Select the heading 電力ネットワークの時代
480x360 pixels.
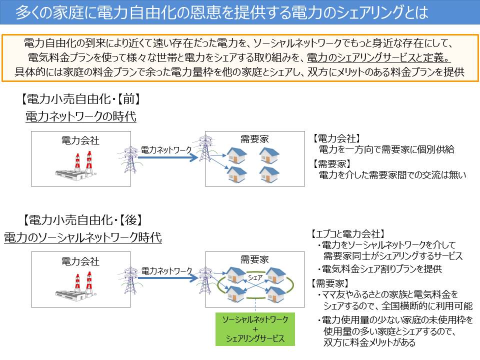pos(81,117)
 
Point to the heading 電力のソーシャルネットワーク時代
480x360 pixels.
pos(83,237)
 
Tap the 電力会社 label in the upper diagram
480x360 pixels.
pos(80,140)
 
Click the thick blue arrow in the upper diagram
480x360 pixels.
pos(168,158)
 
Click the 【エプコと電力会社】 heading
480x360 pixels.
pos(347,233)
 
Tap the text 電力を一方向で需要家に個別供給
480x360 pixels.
pos(386,149)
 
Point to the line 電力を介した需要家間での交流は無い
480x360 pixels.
pos(392,175)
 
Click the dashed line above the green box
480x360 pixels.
pos(255,304)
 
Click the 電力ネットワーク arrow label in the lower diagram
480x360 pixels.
pos(166,270)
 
